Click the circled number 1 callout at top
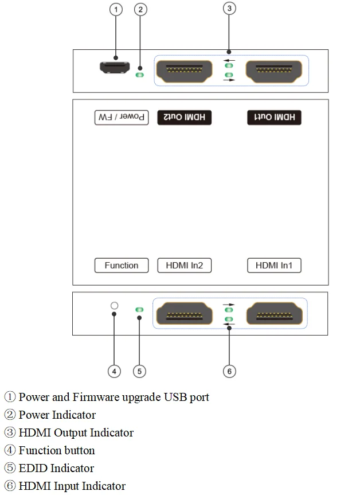click(x=116, y=9)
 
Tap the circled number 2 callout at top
click(x=140, y=9)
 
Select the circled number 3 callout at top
click(x=229, y=9)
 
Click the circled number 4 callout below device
click(x=115, y=371)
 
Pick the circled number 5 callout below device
click(x=139, y=371)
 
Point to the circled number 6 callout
click(x=229, y=371)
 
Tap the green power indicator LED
click(x=139, y=74)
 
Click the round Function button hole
click(x=115, y=306)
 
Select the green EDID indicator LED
click(x=139, y=310)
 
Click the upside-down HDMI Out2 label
click(x=184, y=118)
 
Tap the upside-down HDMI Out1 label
click(x=275, y=118)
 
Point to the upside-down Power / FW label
click(x=122, y=118)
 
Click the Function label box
click(x=122, y=266)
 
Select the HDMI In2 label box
click(x=184, y=266)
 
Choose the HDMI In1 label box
click(x=274, y=266)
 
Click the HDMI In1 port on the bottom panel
click(x=274, y=314)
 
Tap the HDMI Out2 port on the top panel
click(x=185, y=71)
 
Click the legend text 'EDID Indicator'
click(x=56, y=468)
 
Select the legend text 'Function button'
click(x=57, y=450)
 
